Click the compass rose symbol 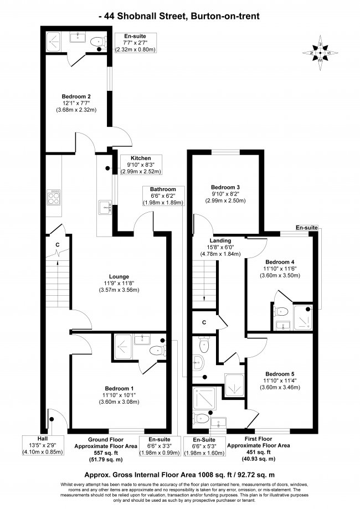pos(320,53)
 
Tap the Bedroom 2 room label pos(76,96)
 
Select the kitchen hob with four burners pos(54,198)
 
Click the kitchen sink pos(105,207)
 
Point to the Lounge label pos(119,276)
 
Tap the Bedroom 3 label pos(225,187)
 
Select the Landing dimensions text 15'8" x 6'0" pos(220,247)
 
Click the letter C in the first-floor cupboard pos(204,322)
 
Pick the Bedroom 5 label pos(280,374)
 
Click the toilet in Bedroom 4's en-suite pos(280,312)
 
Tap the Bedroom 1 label pos(119,389)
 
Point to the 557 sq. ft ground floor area pos(106,453)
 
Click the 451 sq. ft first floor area pos(259,452)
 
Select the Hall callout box pos(43,445)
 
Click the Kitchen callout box pos(141,164)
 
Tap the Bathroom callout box pos(163,196)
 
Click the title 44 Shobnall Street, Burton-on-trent pos(179,16)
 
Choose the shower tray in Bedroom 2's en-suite pos(53,42)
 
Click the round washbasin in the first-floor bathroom pos(198,362)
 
